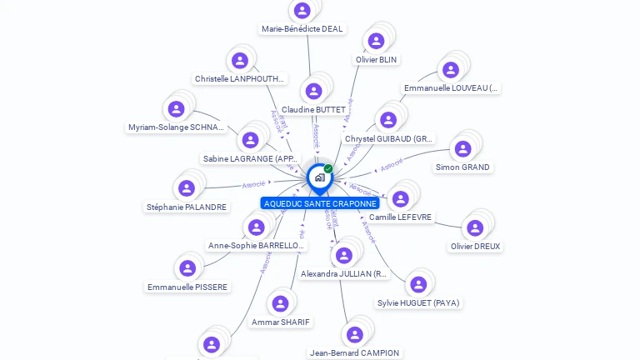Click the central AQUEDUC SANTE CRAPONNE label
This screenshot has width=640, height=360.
point(320,203)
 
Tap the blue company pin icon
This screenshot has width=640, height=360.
point(318,177)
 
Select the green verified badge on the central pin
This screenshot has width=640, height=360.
point(328,168)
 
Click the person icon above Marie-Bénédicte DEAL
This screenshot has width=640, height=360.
point(302,10)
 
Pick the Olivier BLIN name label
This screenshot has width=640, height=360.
point(377,60)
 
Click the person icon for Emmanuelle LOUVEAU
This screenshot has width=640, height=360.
point(451,70)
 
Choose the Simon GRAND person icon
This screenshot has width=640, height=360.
point(462,149)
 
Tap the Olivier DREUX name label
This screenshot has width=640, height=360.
point(476,247)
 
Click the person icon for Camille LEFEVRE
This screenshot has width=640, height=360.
point(401,198)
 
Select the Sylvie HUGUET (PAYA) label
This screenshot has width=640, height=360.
point(418,303)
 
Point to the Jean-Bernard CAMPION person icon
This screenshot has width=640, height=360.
point(355,335)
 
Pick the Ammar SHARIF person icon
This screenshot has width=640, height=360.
point(281,303)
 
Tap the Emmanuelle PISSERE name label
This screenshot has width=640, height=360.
point(187,287)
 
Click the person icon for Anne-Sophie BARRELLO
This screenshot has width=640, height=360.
point(257,227)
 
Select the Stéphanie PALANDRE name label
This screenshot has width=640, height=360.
point(187,207)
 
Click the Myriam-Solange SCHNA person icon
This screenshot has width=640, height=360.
point(177,108)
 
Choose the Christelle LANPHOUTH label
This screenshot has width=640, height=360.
point(240,79)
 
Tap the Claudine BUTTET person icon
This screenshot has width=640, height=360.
point(313,91)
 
